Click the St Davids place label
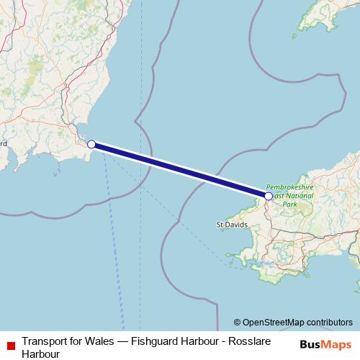click(x=232, y=225)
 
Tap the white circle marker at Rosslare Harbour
click(x=91, y=144)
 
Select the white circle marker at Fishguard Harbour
click(x=269, y=196)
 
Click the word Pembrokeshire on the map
click(x=290, y=186)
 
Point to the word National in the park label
click(x=294, y=194)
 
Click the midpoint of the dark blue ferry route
click(x=180, y=170)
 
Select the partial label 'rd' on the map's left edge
click(x=3, y=143)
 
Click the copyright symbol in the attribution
click(x=238, y=323)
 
